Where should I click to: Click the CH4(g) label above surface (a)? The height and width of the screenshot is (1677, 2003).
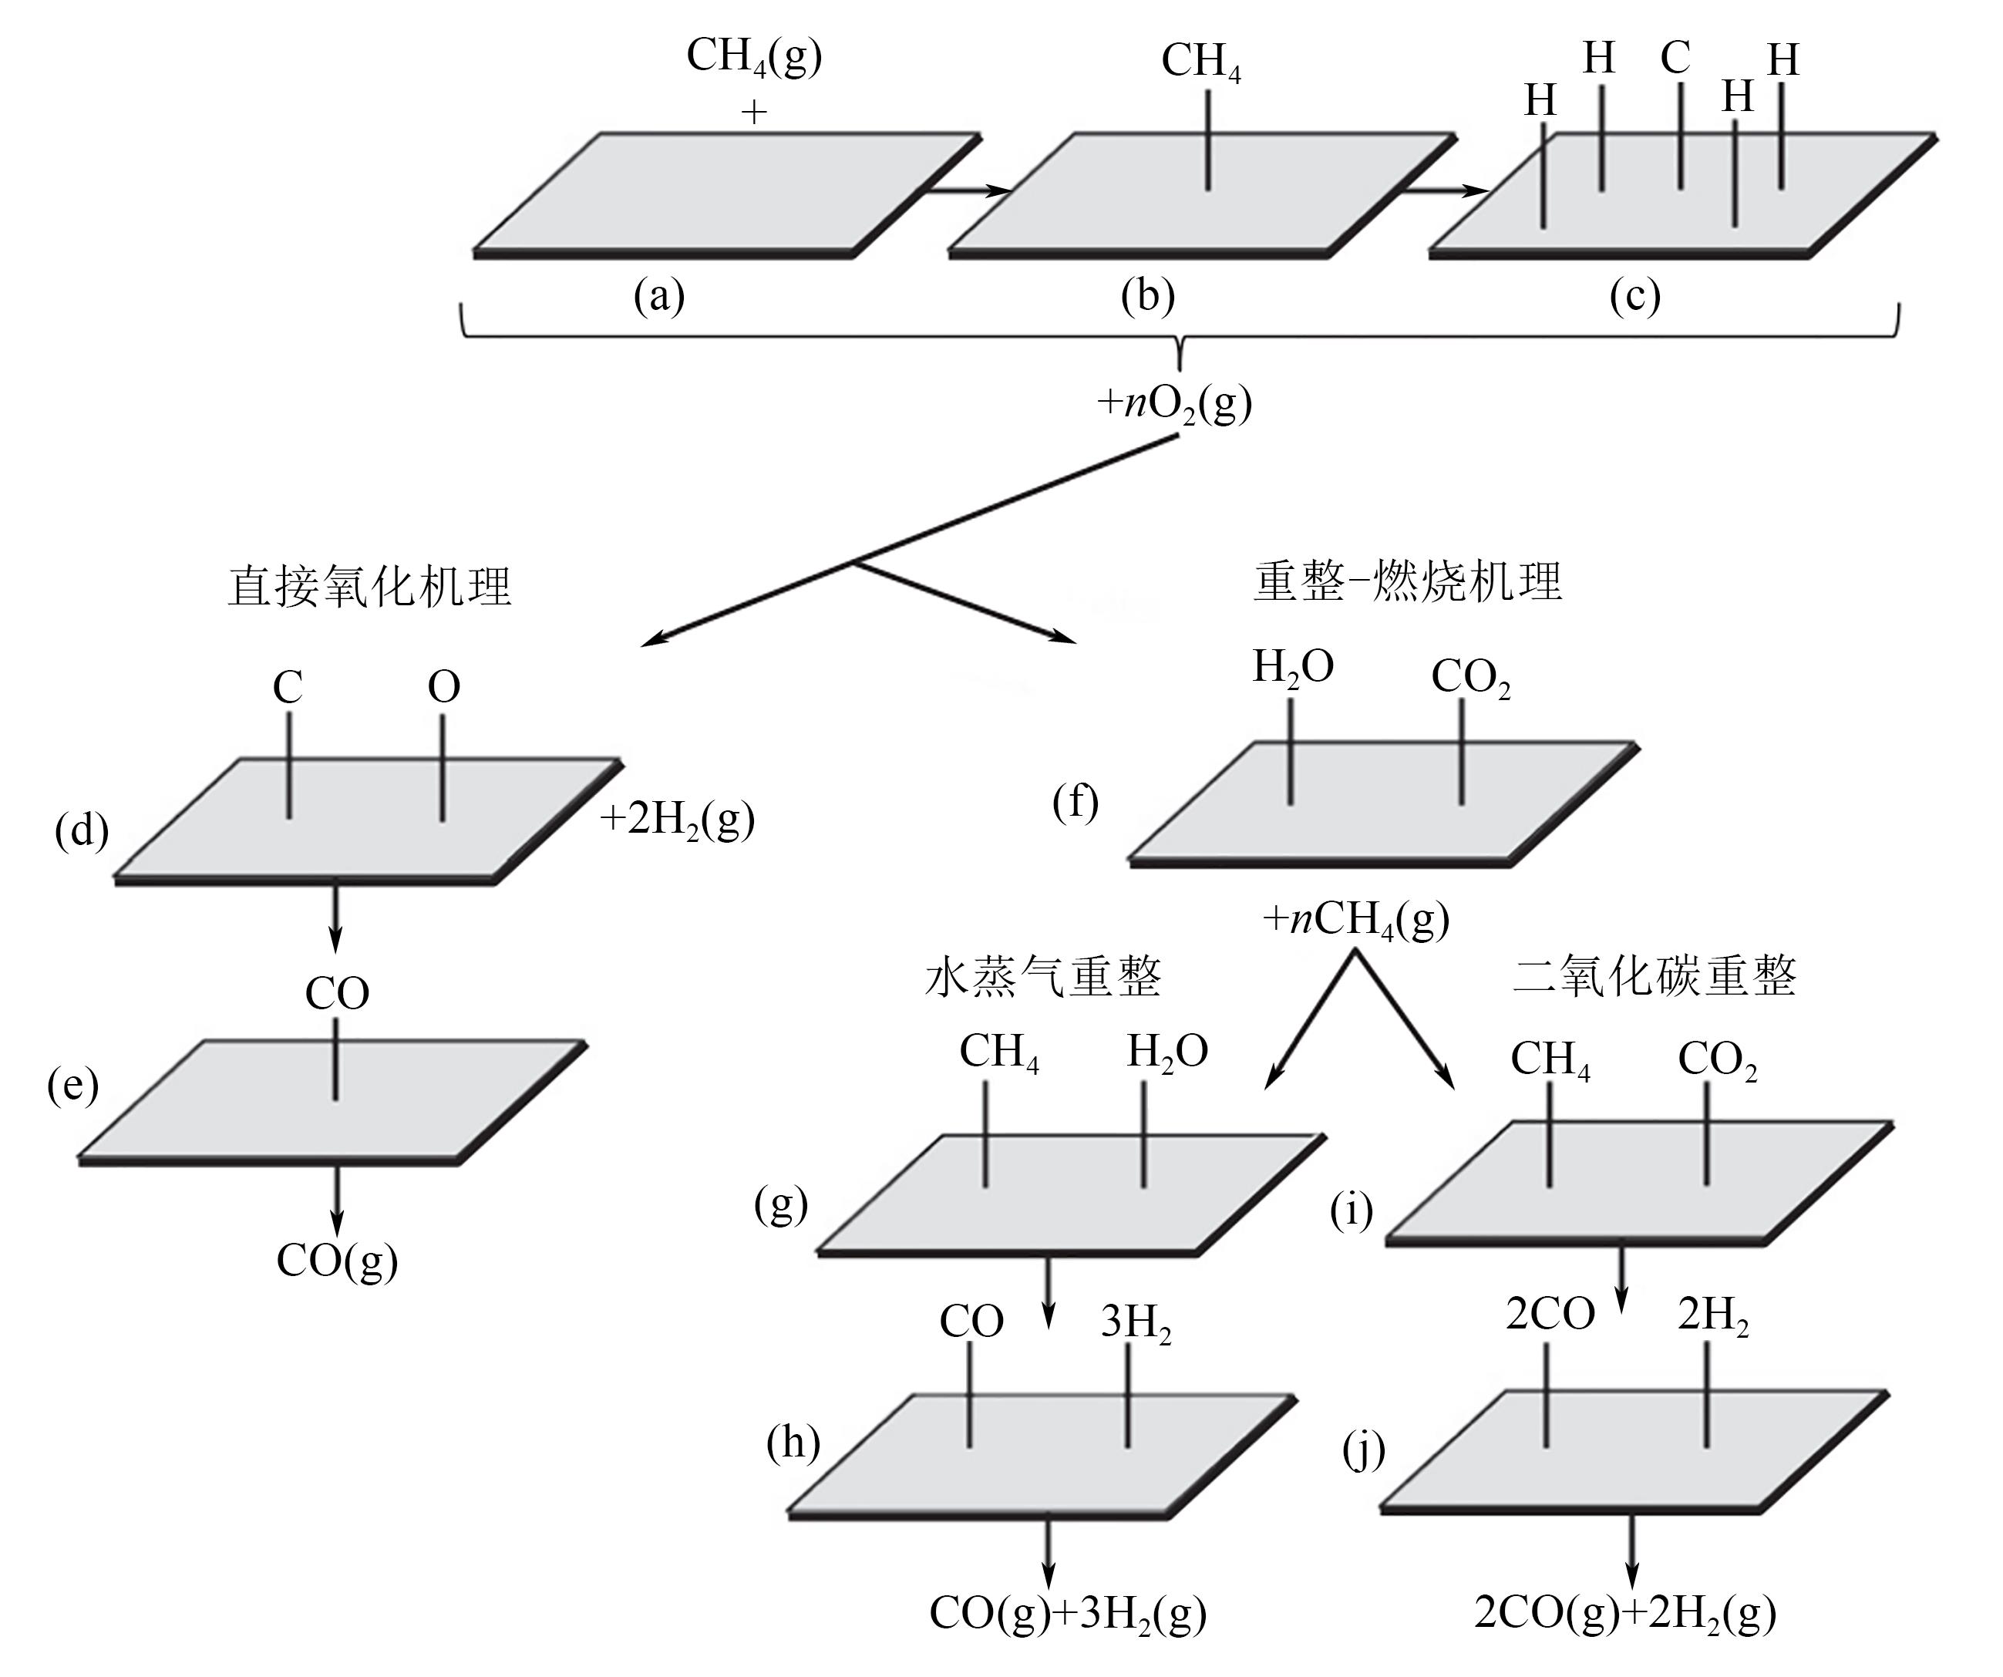pyautogui.click(x=753, y=57)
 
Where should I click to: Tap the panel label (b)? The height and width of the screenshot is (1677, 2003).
pyautogui.click(x=1147, y=297)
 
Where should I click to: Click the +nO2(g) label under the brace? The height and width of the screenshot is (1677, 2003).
pyautogui.click(x=1174, y=403)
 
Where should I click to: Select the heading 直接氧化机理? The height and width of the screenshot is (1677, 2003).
pyautogui.click(x=369, y=586)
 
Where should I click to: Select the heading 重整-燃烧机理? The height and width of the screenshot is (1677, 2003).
pyautogui.click(x=1408, y=581)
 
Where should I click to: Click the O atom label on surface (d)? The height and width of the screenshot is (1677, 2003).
pyautogui.click(x=443, y=687)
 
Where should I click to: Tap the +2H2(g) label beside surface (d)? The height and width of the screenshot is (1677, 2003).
pyautogui.click(x=677, y=820)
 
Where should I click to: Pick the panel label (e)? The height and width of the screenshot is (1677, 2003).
pyautogui.click(x=72, y=1086)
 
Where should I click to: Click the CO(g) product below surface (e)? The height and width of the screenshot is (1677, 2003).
pyautogui.click(x=337, y=1261)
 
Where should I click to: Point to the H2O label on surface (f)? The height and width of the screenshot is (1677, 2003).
pyautogui.click(x=1292, y=668)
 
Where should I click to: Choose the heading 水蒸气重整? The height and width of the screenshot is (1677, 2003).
pyautogui.click(x=1043, y=977)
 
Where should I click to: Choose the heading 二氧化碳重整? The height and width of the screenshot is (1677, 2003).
pyautogui.click(x=1655, y=977)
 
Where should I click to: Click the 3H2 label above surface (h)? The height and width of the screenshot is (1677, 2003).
pyautogui.click(x=1136, y=1323)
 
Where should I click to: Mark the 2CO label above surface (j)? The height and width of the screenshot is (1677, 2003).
pyautogui.click(x=1550, y=1315)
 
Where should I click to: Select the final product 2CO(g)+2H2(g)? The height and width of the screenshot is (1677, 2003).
pyautogui.click(x=1624, y=1613)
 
